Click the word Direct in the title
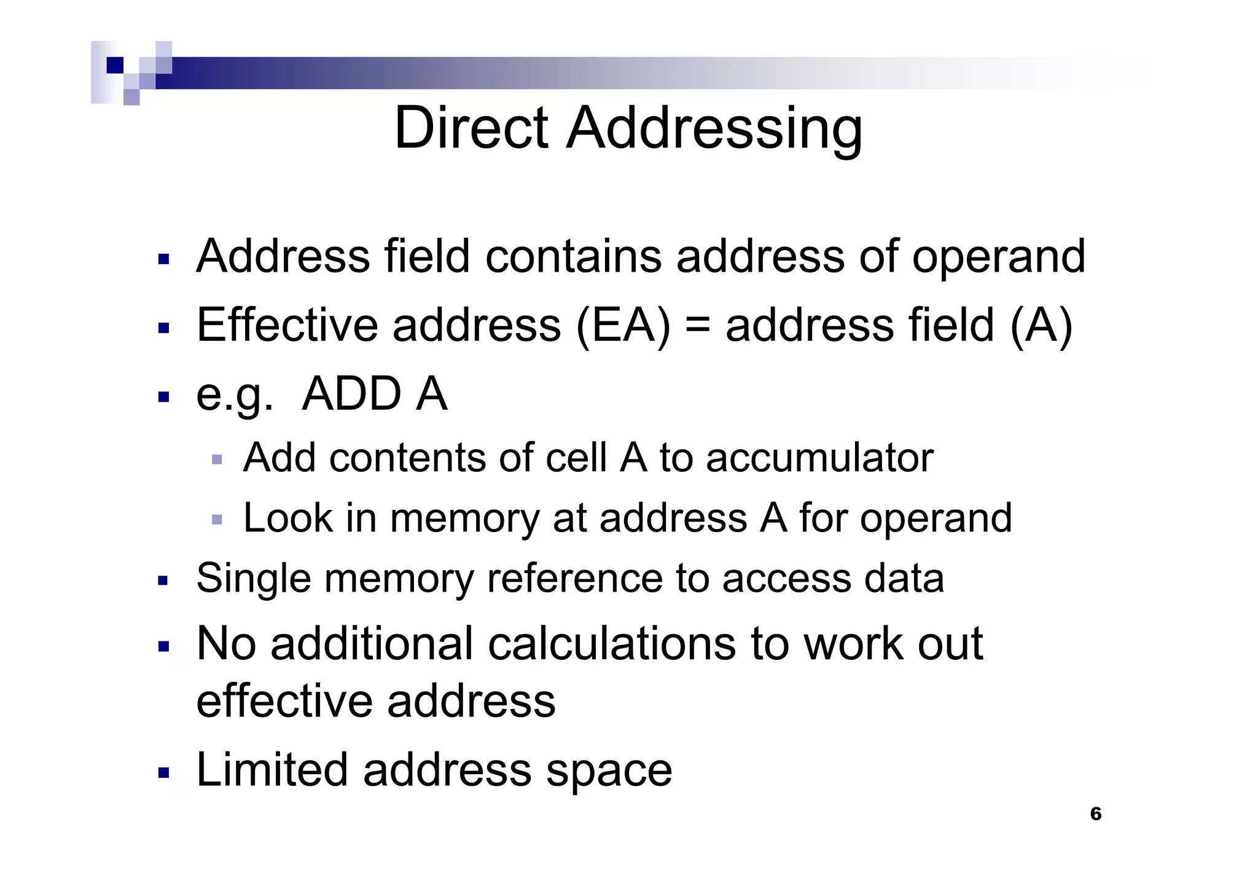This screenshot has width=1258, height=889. (x=471, y=128)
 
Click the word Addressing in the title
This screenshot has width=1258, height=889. (x=714, y=129)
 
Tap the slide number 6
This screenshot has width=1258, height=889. (x=1095, y=814)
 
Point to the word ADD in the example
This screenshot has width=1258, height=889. (x=352, y=394)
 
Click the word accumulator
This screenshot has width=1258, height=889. (x=819, y=458)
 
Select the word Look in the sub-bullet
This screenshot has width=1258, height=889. (x=287, y=517)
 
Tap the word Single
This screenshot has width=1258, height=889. (x=254, y=579)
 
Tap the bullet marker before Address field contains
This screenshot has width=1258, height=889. (x=163, y=259)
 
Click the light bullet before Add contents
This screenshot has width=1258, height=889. (x=216, y=459)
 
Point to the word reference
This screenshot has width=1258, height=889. (x=574, y=579)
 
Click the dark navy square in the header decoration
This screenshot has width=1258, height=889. (x=115, y=65)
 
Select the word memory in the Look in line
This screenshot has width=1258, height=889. (x=464, y=519)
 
